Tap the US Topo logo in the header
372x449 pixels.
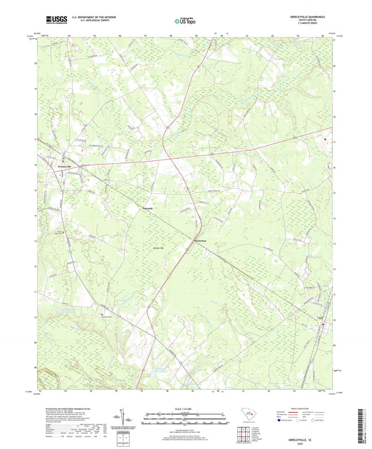[x=184, y=22]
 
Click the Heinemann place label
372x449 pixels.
[x=200, y=242]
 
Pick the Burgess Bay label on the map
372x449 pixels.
[x=158, y=247]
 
